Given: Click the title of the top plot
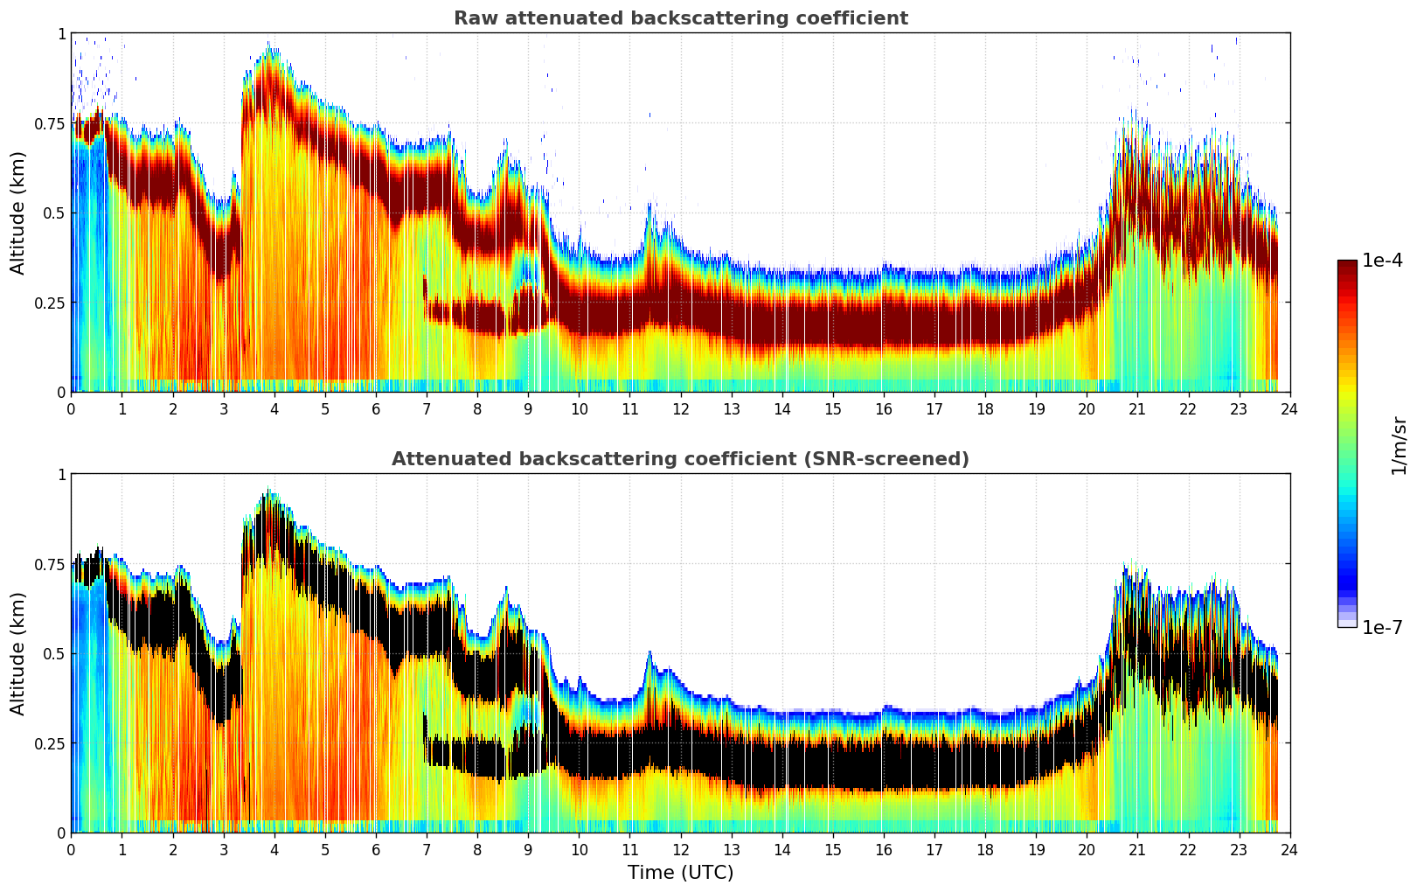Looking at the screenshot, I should point(680,18).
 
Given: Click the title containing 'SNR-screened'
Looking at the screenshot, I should point(680,459).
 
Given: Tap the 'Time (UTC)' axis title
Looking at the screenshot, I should point(680,873).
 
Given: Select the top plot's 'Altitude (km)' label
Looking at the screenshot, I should point(18,213).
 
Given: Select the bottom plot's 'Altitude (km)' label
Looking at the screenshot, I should point(18,653).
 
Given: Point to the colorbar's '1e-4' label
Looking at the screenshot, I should point(1382,261).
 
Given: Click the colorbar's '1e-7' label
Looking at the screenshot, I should point(1382,627).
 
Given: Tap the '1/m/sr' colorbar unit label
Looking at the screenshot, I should point(1399,445).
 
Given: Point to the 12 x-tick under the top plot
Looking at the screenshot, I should point(681,408).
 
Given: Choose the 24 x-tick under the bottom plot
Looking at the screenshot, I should point(1289,849).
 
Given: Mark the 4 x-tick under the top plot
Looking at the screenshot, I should point(274,408).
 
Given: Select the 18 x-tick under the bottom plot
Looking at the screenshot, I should point(985,849).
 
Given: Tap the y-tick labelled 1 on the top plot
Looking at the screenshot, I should point(61,33).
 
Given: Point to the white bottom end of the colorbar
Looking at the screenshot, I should point(1347,624).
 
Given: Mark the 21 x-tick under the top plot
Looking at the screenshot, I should point(1137,408).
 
